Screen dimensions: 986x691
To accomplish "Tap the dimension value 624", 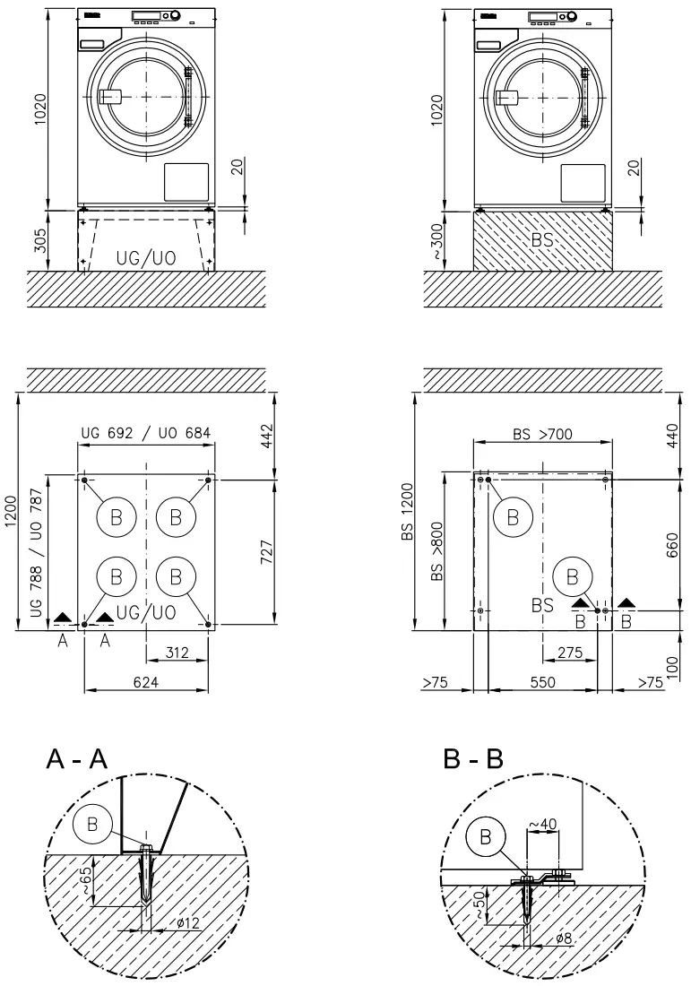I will click(x=146, y=682).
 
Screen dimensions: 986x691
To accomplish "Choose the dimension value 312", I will click(x=177, y=652).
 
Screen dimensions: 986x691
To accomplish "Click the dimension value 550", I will click(x=542, y=682).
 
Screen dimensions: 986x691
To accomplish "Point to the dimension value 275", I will click(x=568, y=652).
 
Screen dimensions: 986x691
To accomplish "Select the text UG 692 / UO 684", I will click(x=146, y=433).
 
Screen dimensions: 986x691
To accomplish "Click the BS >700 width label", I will click(x=542, y=434).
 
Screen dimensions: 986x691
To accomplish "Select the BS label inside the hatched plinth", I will click(x=542, y=240).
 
